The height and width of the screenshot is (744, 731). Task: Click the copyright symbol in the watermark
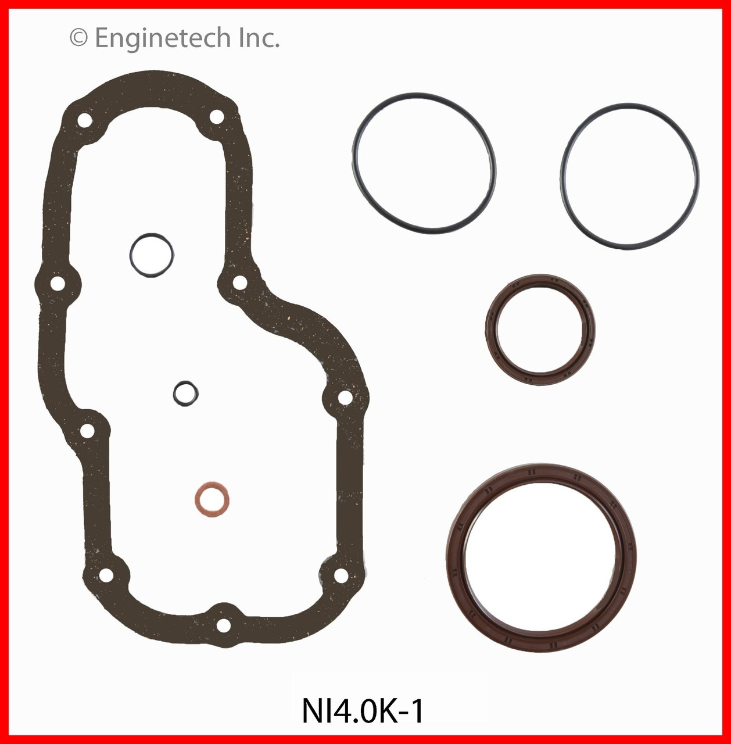[x=78, y=38]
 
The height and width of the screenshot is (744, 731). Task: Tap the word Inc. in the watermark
[x=259, y=38]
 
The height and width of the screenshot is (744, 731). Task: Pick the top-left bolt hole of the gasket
[x=84, y=121]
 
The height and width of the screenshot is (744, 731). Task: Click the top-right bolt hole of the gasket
[x=216, y=117]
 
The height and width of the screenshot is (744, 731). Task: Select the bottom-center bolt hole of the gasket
[x=223, y=625]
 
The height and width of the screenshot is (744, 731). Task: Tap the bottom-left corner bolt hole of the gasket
[x=106, y=575]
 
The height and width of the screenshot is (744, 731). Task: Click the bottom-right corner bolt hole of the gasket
[x=341, y=575]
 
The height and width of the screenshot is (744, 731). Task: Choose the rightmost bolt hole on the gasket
[x=345, y=398]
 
